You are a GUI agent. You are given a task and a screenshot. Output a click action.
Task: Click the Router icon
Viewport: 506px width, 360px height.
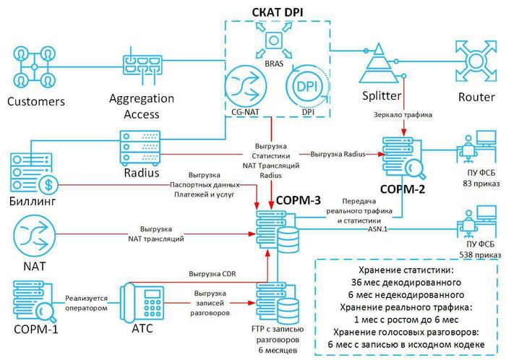[473, 64]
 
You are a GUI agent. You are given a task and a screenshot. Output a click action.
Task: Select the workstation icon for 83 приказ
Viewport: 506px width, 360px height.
[473, 152]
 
